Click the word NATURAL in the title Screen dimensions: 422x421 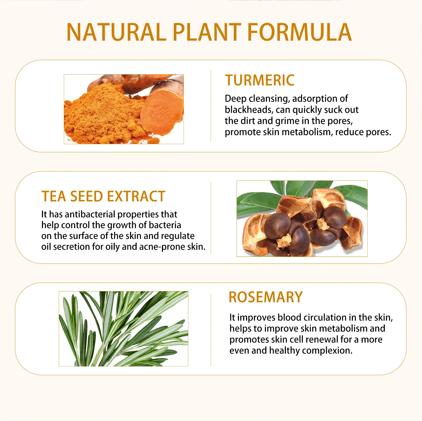[116, 32]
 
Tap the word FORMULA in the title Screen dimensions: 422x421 [299, 32]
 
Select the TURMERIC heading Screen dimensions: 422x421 [260, 80]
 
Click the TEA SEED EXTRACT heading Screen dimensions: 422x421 [103, 197]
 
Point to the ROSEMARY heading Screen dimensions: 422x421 [266, 297]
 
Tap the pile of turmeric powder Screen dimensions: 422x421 [104, 116]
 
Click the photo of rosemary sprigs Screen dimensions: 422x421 [123, 329]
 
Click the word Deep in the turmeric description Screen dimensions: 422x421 [236, 99]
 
